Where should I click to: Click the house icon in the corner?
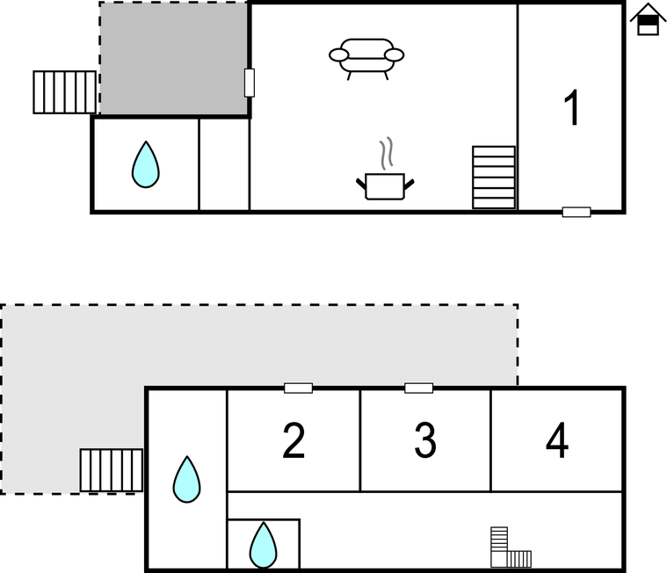tap(648, 19)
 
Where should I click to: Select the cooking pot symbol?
tap(385, 186)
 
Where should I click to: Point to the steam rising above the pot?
tap(387, 153)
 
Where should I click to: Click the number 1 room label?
tap(572, 107)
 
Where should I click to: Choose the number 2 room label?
tap(294, 440)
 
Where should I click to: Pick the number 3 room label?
tap(425, 440)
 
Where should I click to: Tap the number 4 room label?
tap(557, 440)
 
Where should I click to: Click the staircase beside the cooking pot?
tap(494, 178)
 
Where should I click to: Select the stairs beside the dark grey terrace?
tap(65, 92)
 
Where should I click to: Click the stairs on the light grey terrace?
tap(112, 470)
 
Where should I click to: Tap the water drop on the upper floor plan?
tap(146, 164)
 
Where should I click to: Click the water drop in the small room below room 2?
tap(264, 545)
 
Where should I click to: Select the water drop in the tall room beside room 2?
tap(187, 480)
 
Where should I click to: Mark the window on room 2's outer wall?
tap(298, 388)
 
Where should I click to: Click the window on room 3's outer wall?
tap(419, 388)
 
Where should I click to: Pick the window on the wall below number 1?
tap(576, 212)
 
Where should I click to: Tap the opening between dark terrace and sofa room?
tap(250, 83)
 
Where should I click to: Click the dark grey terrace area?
tap(173, 58)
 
